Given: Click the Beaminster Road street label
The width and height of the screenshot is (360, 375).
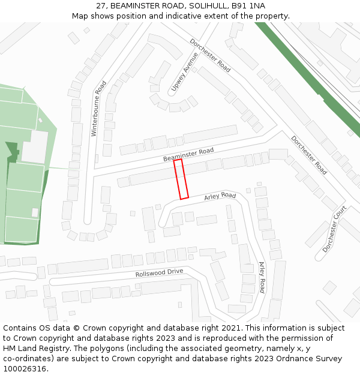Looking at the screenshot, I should click(188, 155).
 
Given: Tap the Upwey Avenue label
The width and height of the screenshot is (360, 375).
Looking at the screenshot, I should click(184, 72).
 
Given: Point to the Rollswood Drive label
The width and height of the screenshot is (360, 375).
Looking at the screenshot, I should click(159, 273).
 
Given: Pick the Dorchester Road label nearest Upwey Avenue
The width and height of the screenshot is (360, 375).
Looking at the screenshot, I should click(210, 55).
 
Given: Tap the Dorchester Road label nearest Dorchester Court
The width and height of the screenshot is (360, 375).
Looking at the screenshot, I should click(309, 155).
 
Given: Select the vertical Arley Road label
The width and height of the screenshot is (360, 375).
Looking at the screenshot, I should click(262, 277).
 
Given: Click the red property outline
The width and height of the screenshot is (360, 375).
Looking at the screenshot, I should click(181, 179).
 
